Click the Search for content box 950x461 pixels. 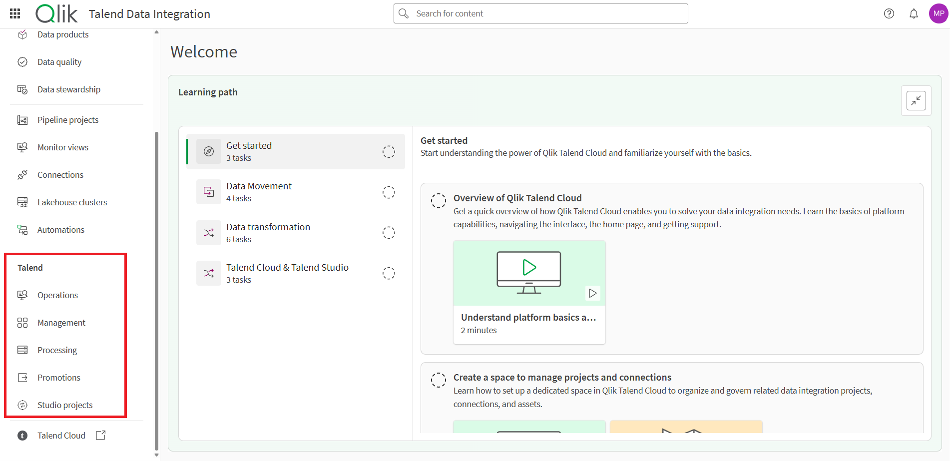click(x=540, y=13)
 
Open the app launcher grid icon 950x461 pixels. click(x=15, y=13)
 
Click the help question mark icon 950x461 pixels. click(x=889, y=13)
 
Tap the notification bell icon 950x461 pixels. click(x=914, y=13)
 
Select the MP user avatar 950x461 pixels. click(x=938, y=13)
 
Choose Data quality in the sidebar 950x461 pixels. click(x=59, y=62)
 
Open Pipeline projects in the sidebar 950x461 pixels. click(x=68, y=120)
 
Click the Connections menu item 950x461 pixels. click(x=60, y=175)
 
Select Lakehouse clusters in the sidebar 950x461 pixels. click(x=72, y=202)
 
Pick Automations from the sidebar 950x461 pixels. click(x=60, y=230)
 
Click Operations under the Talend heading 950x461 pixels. click(x=57, y=295)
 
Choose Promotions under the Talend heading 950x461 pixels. click(x=58, y=378)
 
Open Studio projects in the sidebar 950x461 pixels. click(x=65, y=405)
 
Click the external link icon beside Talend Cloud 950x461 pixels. click(x=101, y=436)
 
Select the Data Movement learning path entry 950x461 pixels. click(x=259, y=192)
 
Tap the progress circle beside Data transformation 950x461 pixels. click(x=389, y=233)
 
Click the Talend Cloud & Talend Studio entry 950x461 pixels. click(x=287, y=273)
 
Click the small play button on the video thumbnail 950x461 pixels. click(x=592, y=293)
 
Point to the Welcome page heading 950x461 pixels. click(x=204, y=52)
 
